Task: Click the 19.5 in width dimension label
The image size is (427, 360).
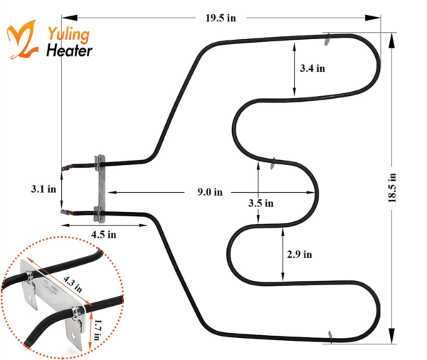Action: coord(221,18)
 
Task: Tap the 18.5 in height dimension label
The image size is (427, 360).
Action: coord(392,188)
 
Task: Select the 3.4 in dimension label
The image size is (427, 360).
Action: coord(312,68)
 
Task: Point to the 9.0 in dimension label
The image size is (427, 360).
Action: coord(210,192)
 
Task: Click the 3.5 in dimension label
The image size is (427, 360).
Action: coord(261,203)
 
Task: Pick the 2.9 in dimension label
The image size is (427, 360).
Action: coord(300,254)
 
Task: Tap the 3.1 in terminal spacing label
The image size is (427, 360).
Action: coord(43,189)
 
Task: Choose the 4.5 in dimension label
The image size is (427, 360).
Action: coord(103,235)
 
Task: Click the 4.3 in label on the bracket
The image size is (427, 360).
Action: coord(73,284)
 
